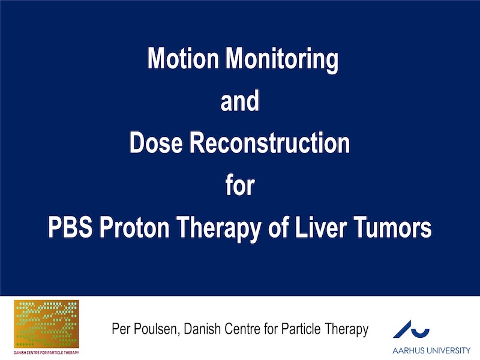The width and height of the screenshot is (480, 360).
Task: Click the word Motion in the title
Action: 183,58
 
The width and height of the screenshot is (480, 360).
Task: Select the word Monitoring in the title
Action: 282,61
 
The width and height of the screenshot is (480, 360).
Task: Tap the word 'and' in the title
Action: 239,100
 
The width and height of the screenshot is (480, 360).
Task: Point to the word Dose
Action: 156,142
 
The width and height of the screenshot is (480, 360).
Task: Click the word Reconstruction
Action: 269,142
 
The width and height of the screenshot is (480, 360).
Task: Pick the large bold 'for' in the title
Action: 240,185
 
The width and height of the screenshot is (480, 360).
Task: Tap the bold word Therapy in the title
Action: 219,229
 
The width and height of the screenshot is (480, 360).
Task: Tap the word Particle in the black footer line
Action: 301,329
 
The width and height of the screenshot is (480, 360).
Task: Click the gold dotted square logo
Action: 46,324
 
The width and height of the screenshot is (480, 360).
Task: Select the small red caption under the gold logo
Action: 46,352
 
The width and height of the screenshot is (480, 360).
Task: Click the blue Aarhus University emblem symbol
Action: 411,329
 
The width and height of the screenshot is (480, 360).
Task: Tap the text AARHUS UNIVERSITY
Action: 431,350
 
